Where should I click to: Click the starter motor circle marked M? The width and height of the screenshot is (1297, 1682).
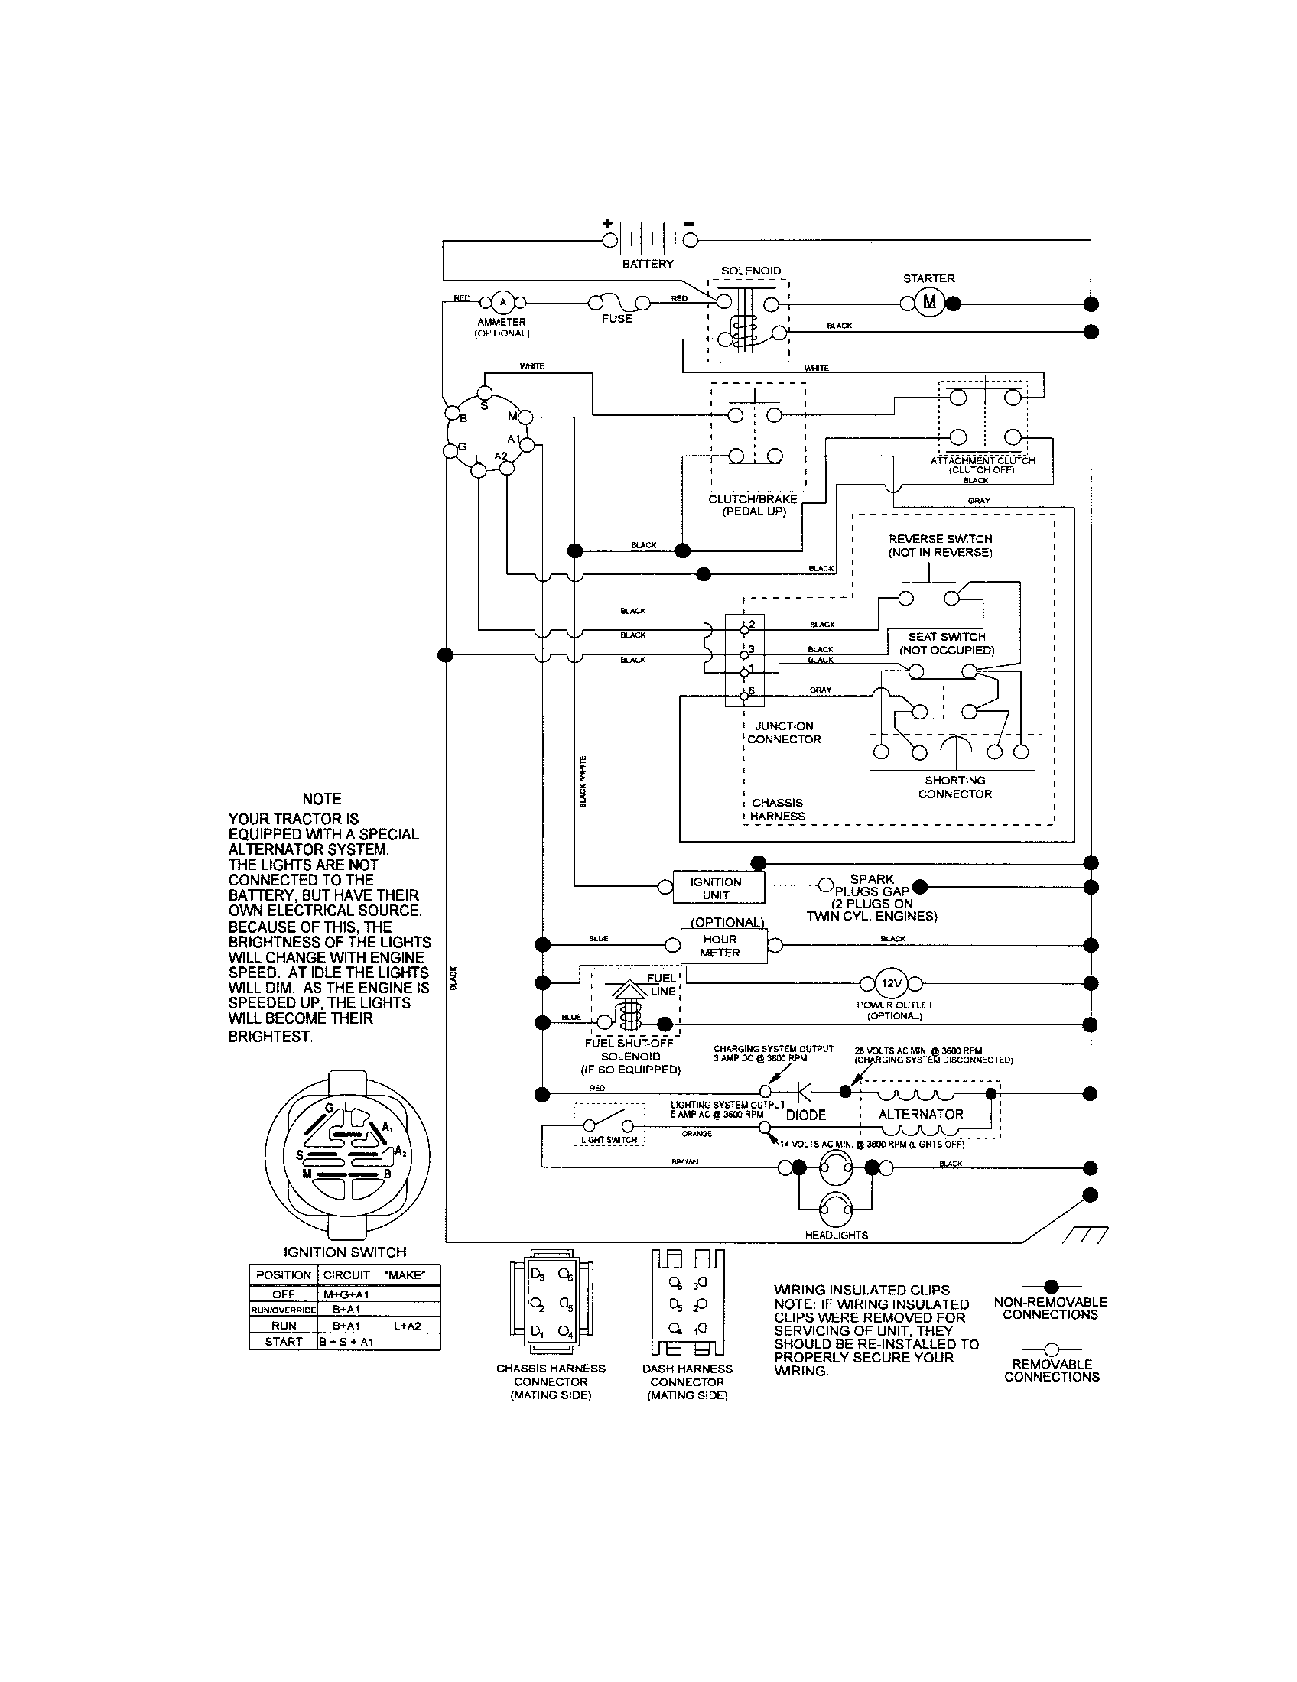pyautogui.click(x=930, y=303)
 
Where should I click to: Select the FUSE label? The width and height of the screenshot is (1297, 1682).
pyautogui.click(x=617, y=319)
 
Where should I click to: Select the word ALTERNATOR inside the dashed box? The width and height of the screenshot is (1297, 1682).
pyautogui.click(x=922, y=1115)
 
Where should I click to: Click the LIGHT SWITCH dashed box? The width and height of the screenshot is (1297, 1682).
pyautogui.click(x=609, y=1125)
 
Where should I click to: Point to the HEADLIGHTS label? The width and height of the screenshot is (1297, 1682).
pyautogui.click(x=836, y=1236)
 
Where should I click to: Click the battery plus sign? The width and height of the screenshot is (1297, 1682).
pyautogui.click(x=608, y=224)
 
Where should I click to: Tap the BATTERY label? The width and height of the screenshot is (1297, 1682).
pyautogui.click(x=648, y=265)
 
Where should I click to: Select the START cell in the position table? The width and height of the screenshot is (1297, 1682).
pyautogui.click(x=284, y=1342)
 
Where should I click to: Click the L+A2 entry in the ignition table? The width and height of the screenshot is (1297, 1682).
pyautogui.click(x=408, y=1326)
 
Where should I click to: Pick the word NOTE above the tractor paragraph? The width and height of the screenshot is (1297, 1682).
pyautogui.click(x=322, y=799)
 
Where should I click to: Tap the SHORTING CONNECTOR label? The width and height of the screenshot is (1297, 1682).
pyautogui.click(x=955, y=787)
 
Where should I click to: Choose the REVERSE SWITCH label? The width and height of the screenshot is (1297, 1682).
pyautogui.click(x=941, y=546)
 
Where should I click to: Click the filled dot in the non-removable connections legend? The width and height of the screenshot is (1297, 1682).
pyautogui.click(x=1052, y=1286)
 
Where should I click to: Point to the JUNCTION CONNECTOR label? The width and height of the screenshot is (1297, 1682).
pyautogui.click(x=784, y=732)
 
